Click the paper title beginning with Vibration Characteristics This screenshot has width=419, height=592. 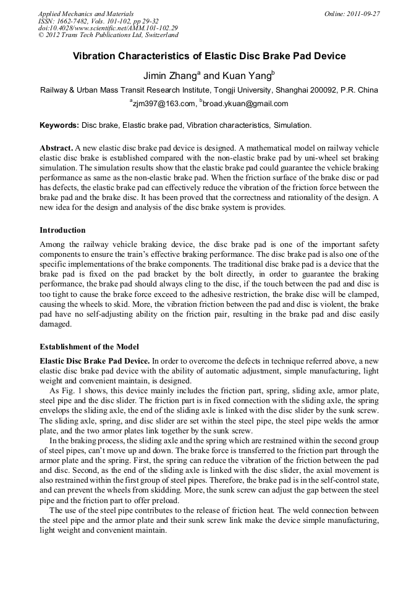point(209,56)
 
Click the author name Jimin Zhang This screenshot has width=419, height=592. point(169,77)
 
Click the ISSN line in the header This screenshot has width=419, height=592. point(89,20)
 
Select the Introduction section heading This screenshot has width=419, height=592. point(62,230)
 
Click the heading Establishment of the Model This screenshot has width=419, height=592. point(89,346)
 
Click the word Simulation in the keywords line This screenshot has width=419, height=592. point(291,125)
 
